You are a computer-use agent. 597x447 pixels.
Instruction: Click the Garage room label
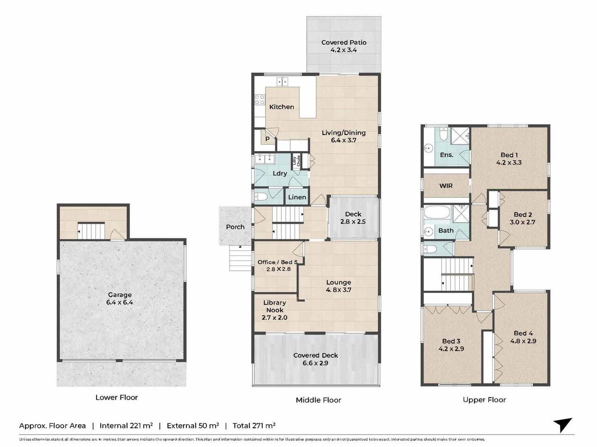(x=120, y=294)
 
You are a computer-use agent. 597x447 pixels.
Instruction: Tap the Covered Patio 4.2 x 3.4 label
(x=344, y=46)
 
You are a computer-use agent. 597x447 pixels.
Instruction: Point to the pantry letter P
(x=267, y=139)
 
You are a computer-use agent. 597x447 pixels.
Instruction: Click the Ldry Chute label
(x=296, y=161)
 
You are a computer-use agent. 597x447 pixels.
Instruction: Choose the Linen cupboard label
(x=297, y=197)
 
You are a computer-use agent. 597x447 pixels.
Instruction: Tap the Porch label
(x=235, y=227)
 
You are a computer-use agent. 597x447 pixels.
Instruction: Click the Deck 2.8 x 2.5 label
(x=353, y=218)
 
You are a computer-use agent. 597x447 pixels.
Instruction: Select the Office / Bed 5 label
(x=277, y=262)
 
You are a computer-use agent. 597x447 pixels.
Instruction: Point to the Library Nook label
(x=275, y=306)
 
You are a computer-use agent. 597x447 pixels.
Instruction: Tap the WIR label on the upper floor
(x=446, y=186)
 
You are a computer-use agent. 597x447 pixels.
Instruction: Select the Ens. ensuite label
(x=447, y=155)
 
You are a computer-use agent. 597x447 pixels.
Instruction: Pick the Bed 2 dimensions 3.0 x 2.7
(x=522, y=222)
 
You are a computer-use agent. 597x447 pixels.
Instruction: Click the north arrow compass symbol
(x=563, y=425)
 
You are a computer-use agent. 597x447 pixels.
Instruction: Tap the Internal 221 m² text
(x=126, y=425)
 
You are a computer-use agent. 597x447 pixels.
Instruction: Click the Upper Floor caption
(x=484, y=400)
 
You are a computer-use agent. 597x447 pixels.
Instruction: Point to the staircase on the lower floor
(x=91, y=231)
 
